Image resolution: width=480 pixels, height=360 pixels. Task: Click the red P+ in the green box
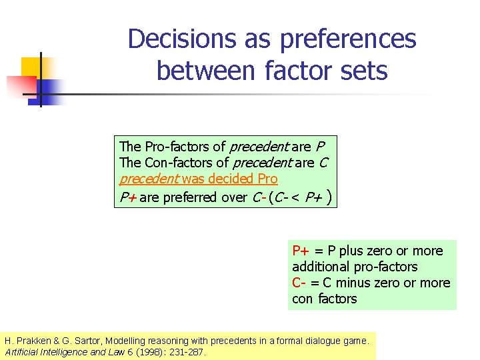300,251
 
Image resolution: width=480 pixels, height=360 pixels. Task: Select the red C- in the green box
299,283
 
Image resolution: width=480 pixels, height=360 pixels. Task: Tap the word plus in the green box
347,251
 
